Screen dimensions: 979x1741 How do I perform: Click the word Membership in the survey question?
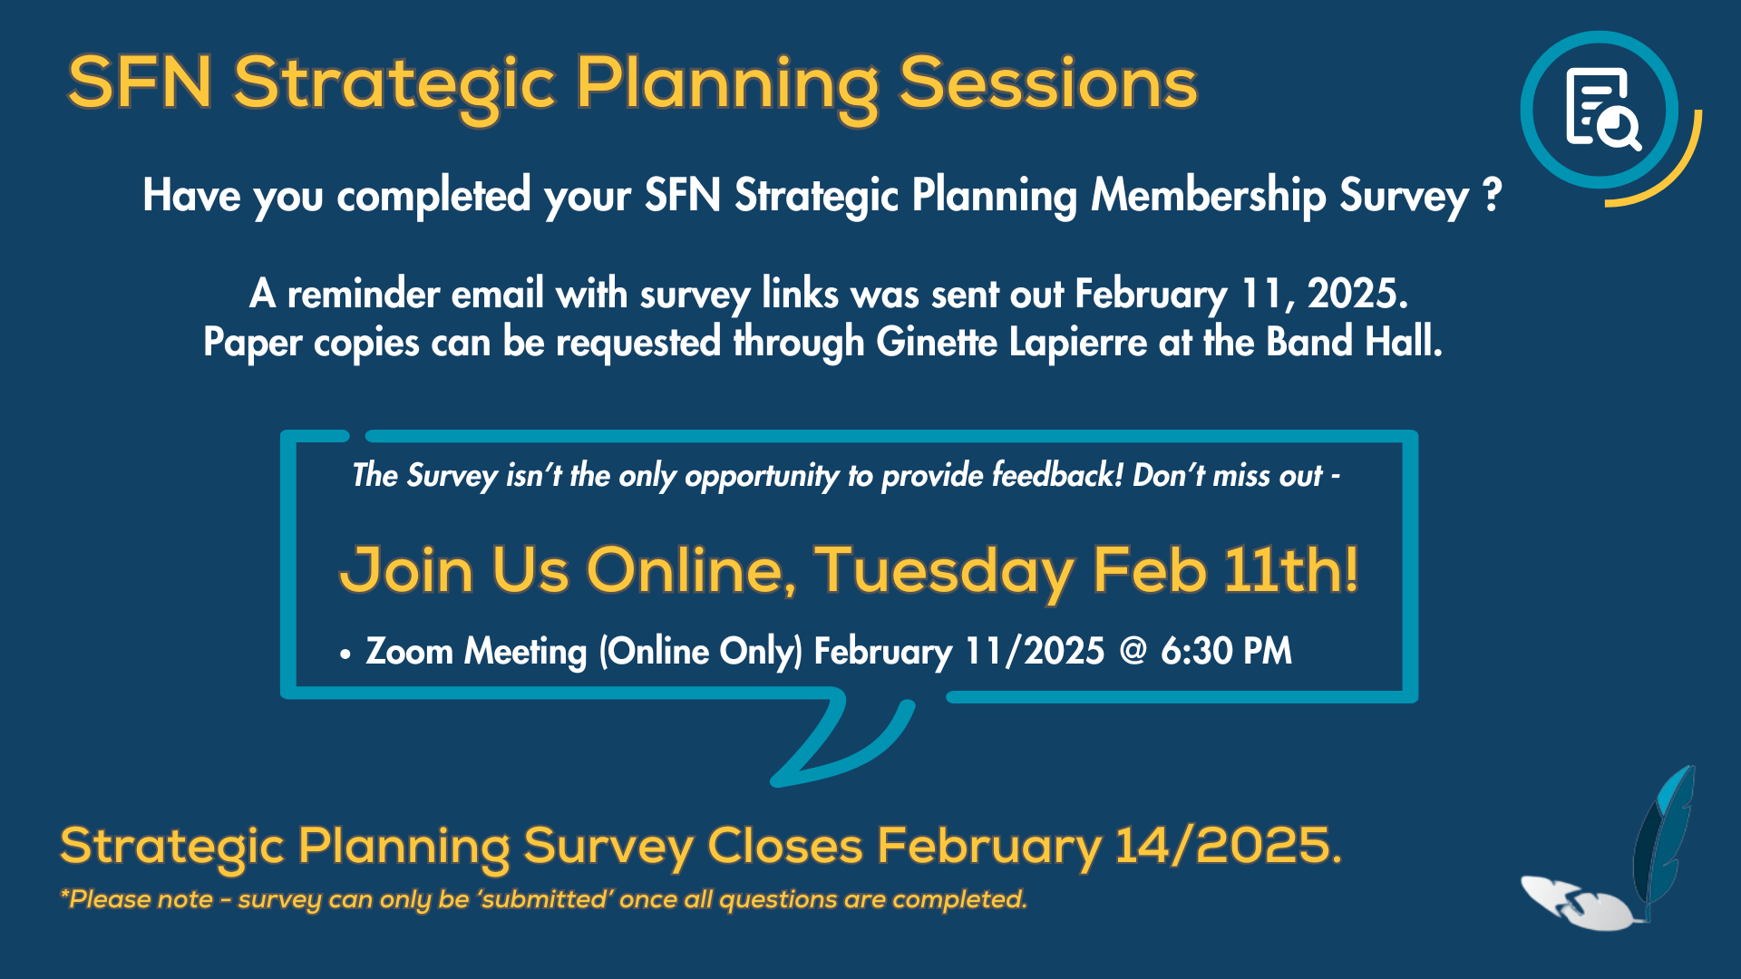pos(1209,195)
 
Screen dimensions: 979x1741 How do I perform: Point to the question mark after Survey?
pos(1492,195)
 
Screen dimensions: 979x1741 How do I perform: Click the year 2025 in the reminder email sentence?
pos(1356,294)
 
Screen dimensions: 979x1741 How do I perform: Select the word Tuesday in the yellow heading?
pos(943,571)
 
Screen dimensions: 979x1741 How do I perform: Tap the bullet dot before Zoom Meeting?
pos(345,654)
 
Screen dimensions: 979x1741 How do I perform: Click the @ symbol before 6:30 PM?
pos(1133,651)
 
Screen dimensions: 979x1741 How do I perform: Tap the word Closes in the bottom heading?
pos(784,846)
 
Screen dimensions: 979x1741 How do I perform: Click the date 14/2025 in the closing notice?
pos(1226,846)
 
